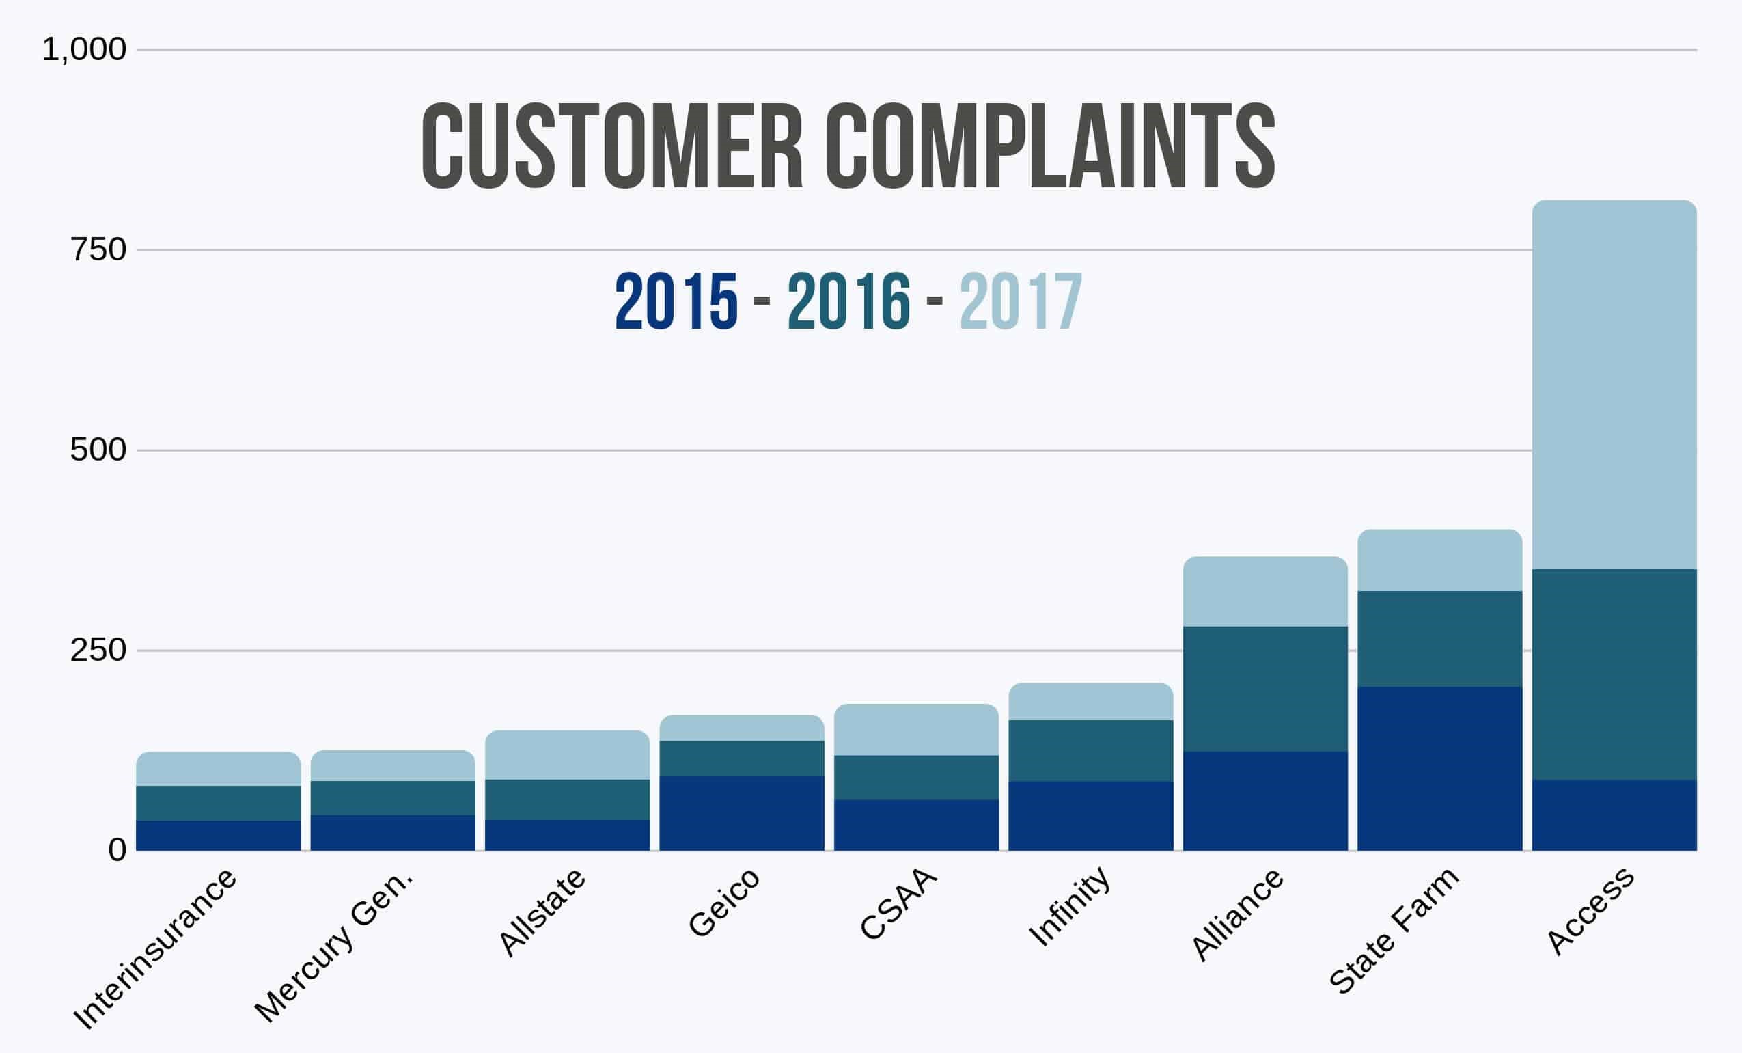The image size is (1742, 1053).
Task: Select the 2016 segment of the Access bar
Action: pyautogui.click(x=1614, y=674)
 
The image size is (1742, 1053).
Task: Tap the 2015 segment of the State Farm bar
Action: pyautogui.click(x=1439, y=768)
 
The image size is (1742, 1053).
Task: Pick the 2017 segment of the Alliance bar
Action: pyautogui.click(x=1265, y=591)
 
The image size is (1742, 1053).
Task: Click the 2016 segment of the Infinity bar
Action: pyautogui.click(x=1091, y=750)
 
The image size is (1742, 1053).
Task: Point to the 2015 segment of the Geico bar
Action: pyautogui.click(x=742, y=812)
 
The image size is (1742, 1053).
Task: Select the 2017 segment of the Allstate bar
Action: pyautogui.click(x=567, y=754)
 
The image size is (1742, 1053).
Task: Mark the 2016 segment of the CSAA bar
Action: pyautogui.click(x=916, y=777)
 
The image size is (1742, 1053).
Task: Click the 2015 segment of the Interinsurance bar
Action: pyautogui.click(x=219, y=835)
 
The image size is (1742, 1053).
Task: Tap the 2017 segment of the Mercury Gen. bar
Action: pyautogui.click(x=392, y=766)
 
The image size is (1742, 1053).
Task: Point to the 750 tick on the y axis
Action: pyautogui.click(x=98, y=249)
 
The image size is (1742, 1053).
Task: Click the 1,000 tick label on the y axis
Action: pyautogui.click(x=84, y=49)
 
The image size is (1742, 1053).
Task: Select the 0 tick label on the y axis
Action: pyautogui.click(x=117, y=849)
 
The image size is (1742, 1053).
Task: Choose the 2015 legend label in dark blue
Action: pyautogui.click(x=676, y=302)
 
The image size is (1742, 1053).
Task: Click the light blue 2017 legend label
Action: pyautogui.click(x=1020, y=302)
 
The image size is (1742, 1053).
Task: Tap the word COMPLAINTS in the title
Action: pyautogui.click(x=1051, y=146)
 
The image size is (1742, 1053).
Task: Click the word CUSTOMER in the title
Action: pyautogui.click(x=612, y=146)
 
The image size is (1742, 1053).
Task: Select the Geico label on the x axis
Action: pyautogui.click(x=724, y=903)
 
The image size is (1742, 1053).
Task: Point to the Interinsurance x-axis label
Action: pyautogui.click(x=155, y=950)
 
